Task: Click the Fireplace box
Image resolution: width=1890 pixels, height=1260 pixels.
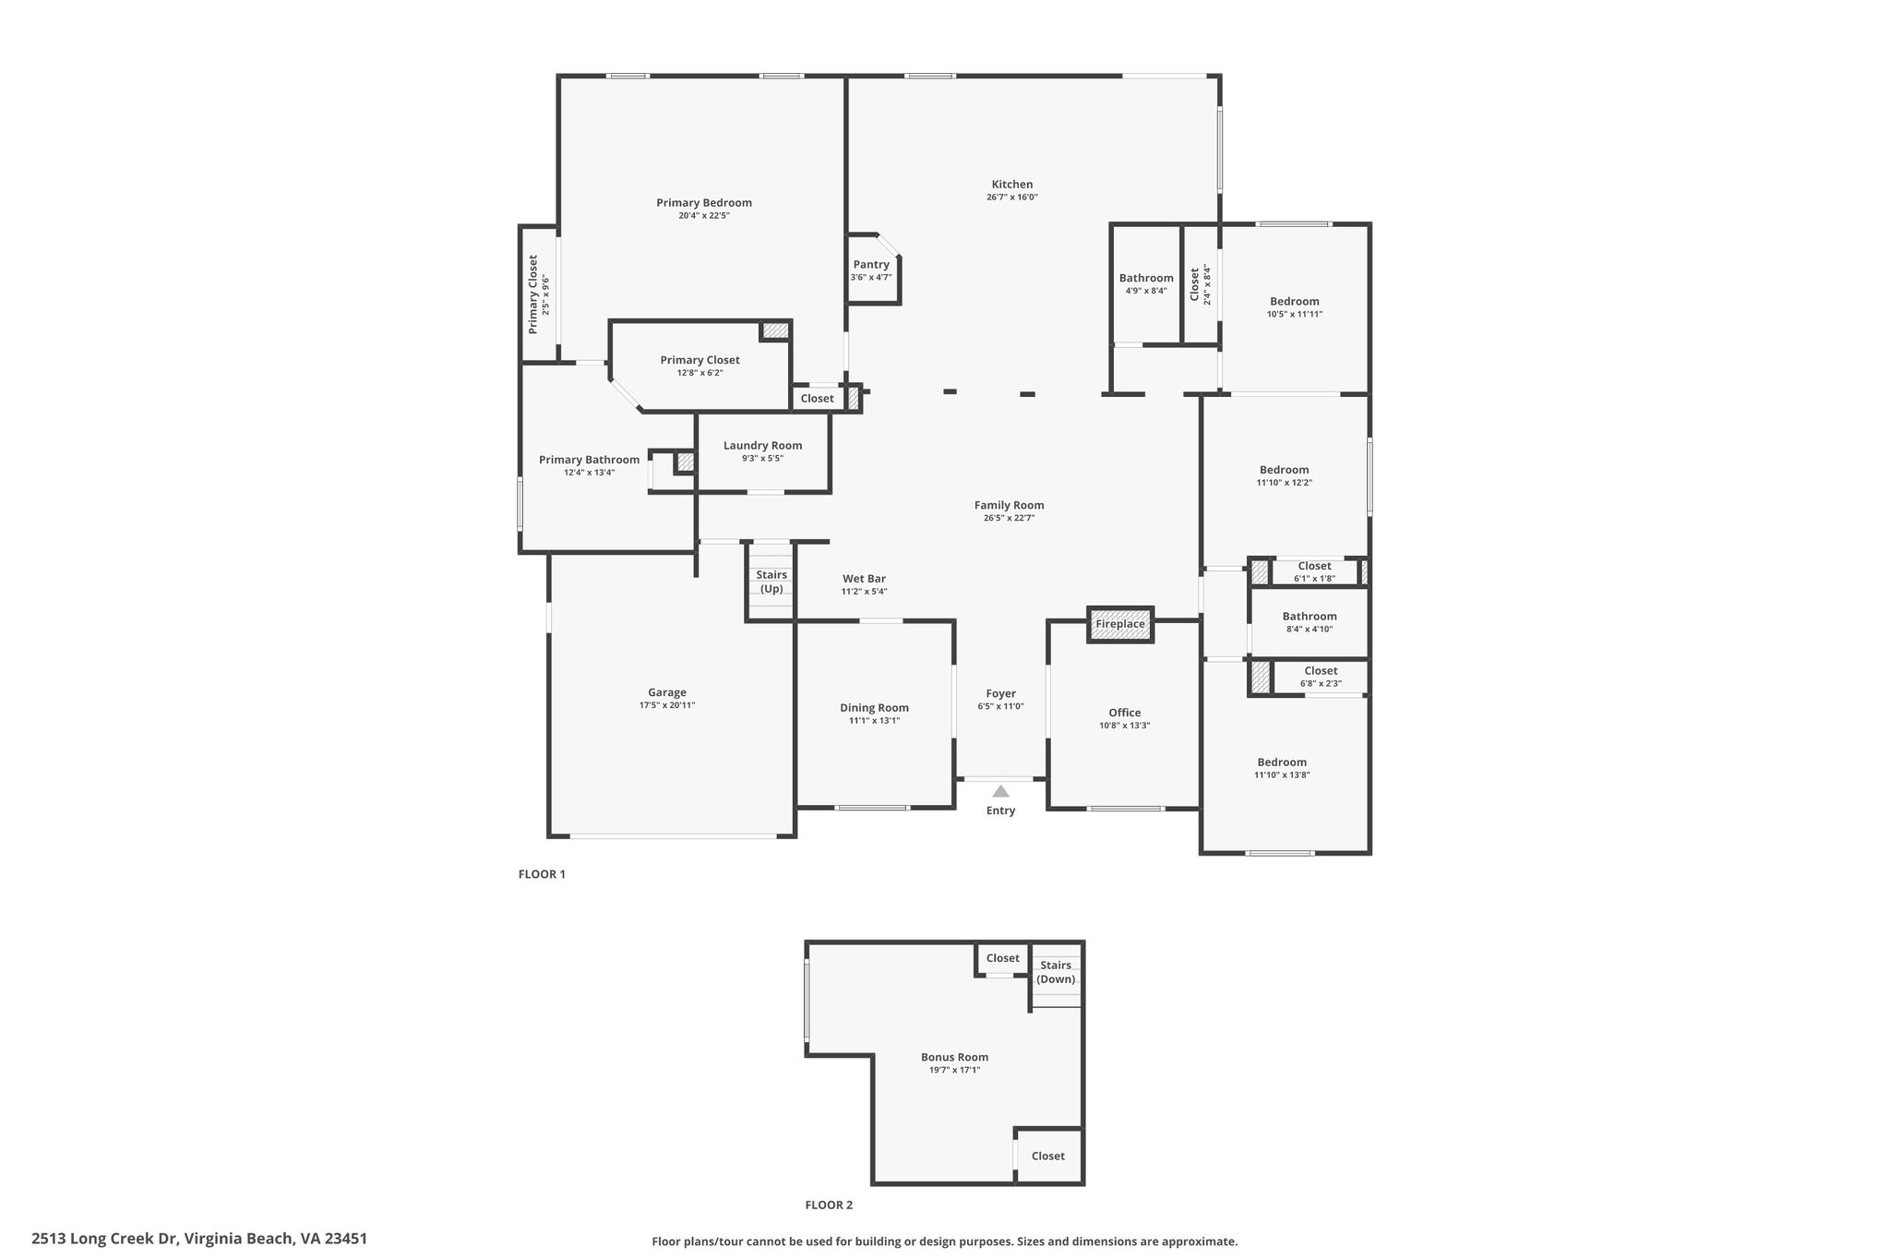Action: point(1120,624)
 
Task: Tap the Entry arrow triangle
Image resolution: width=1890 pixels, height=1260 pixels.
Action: point(1000,791)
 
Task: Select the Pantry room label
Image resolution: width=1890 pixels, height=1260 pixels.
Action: point(871,265)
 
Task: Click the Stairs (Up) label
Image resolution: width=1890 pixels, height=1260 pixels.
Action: point(772,582)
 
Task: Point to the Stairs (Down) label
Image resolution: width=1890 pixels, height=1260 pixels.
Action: point(1056,972)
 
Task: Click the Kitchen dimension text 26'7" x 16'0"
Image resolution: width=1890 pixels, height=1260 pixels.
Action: point(1012,198)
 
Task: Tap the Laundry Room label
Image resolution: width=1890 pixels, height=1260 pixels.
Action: point(762,446)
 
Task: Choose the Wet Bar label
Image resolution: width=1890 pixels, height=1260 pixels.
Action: point(864,579)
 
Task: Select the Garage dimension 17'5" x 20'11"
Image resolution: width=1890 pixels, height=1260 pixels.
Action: point(667,705)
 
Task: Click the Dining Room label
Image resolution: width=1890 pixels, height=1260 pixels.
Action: point(874,708)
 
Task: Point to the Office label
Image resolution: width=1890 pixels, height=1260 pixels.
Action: point(1125,713)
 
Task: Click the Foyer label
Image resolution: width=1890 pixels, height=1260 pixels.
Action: point(1000,693)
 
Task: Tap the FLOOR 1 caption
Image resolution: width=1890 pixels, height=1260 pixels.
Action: point(542,874)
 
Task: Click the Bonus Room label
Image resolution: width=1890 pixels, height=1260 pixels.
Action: point(954,1058)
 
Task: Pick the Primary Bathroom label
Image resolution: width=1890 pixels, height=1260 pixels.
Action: point(589,460)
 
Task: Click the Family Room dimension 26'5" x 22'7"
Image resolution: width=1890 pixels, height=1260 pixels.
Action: point(1009,519)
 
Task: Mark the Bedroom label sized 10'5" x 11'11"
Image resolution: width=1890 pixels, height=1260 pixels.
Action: point(1295,301)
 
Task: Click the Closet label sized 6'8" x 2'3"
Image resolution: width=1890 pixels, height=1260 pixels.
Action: point(1321,671)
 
